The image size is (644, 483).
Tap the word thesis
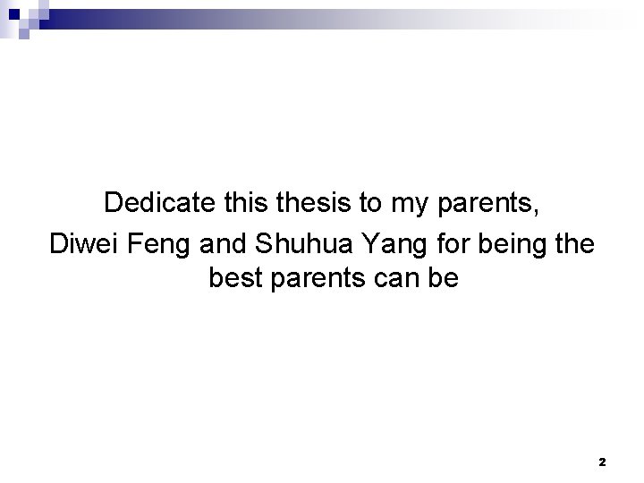point(314,202)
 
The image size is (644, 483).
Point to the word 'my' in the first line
point(411,204)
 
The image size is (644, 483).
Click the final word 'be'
point(444,280)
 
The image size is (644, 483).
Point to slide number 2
point(602,462)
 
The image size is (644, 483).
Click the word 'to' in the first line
point(373,202)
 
